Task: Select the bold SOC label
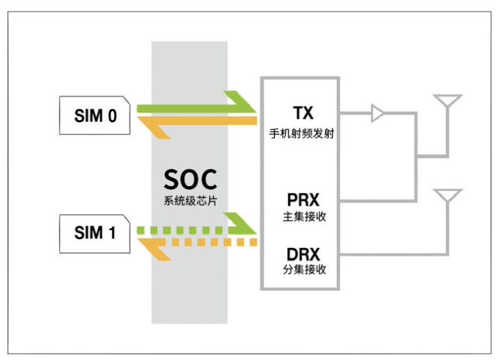coord(190,180)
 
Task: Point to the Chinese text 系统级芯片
coord(190,202)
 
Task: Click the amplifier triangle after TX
coord(378,113)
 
